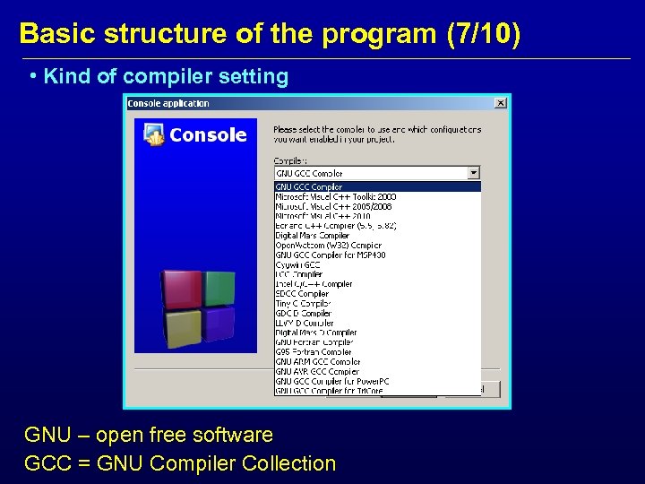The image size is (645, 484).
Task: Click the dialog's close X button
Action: (x=501, y=103)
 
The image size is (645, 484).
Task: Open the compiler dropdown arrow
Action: (x=474, y=173)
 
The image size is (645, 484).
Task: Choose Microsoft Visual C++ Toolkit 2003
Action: (x=335, y=196)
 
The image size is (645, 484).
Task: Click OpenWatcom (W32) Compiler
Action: (x=328, y=245)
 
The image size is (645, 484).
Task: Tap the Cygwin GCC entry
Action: (x=297, y=264)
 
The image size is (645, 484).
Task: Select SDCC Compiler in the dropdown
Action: (x=302, y=293)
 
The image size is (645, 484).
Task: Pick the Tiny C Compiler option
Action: (x=303, y=303)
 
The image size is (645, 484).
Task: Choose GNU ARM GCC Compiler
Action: (x=318, y=361)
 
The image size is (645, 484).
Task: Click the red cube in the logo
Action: (x=181, y=288)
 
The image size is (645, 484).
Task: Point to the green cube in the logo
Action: (x=219, y=287)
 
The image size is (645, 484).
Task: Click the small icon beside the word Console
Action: (x=154, y=134)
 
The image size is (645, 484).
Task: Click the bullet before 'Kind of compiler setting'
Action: (x=32, y=76)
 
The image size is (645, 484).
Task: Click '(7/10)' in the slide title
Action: (x=482, y=34)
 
